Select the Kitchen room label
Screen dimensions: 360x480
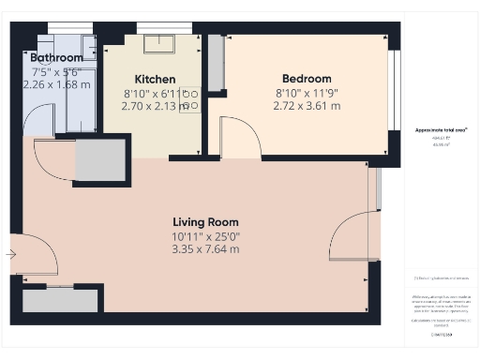click(x=155, y=79)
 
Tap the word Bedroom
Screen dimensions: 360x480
click(x=307, y=79)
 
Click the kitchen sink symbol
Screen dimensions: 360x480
click(x=154, y=44)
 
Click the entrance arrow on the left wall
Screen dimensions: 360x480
click(x=10, y=253)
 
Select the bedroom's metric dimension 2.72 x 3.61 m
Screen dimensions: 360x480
click(x=307, y=106)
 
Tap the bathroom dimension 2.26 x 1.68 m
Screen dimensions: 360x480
click(x=56, y=84)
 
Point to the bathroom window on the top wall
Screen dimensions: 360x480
click(x=63, y=27)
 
